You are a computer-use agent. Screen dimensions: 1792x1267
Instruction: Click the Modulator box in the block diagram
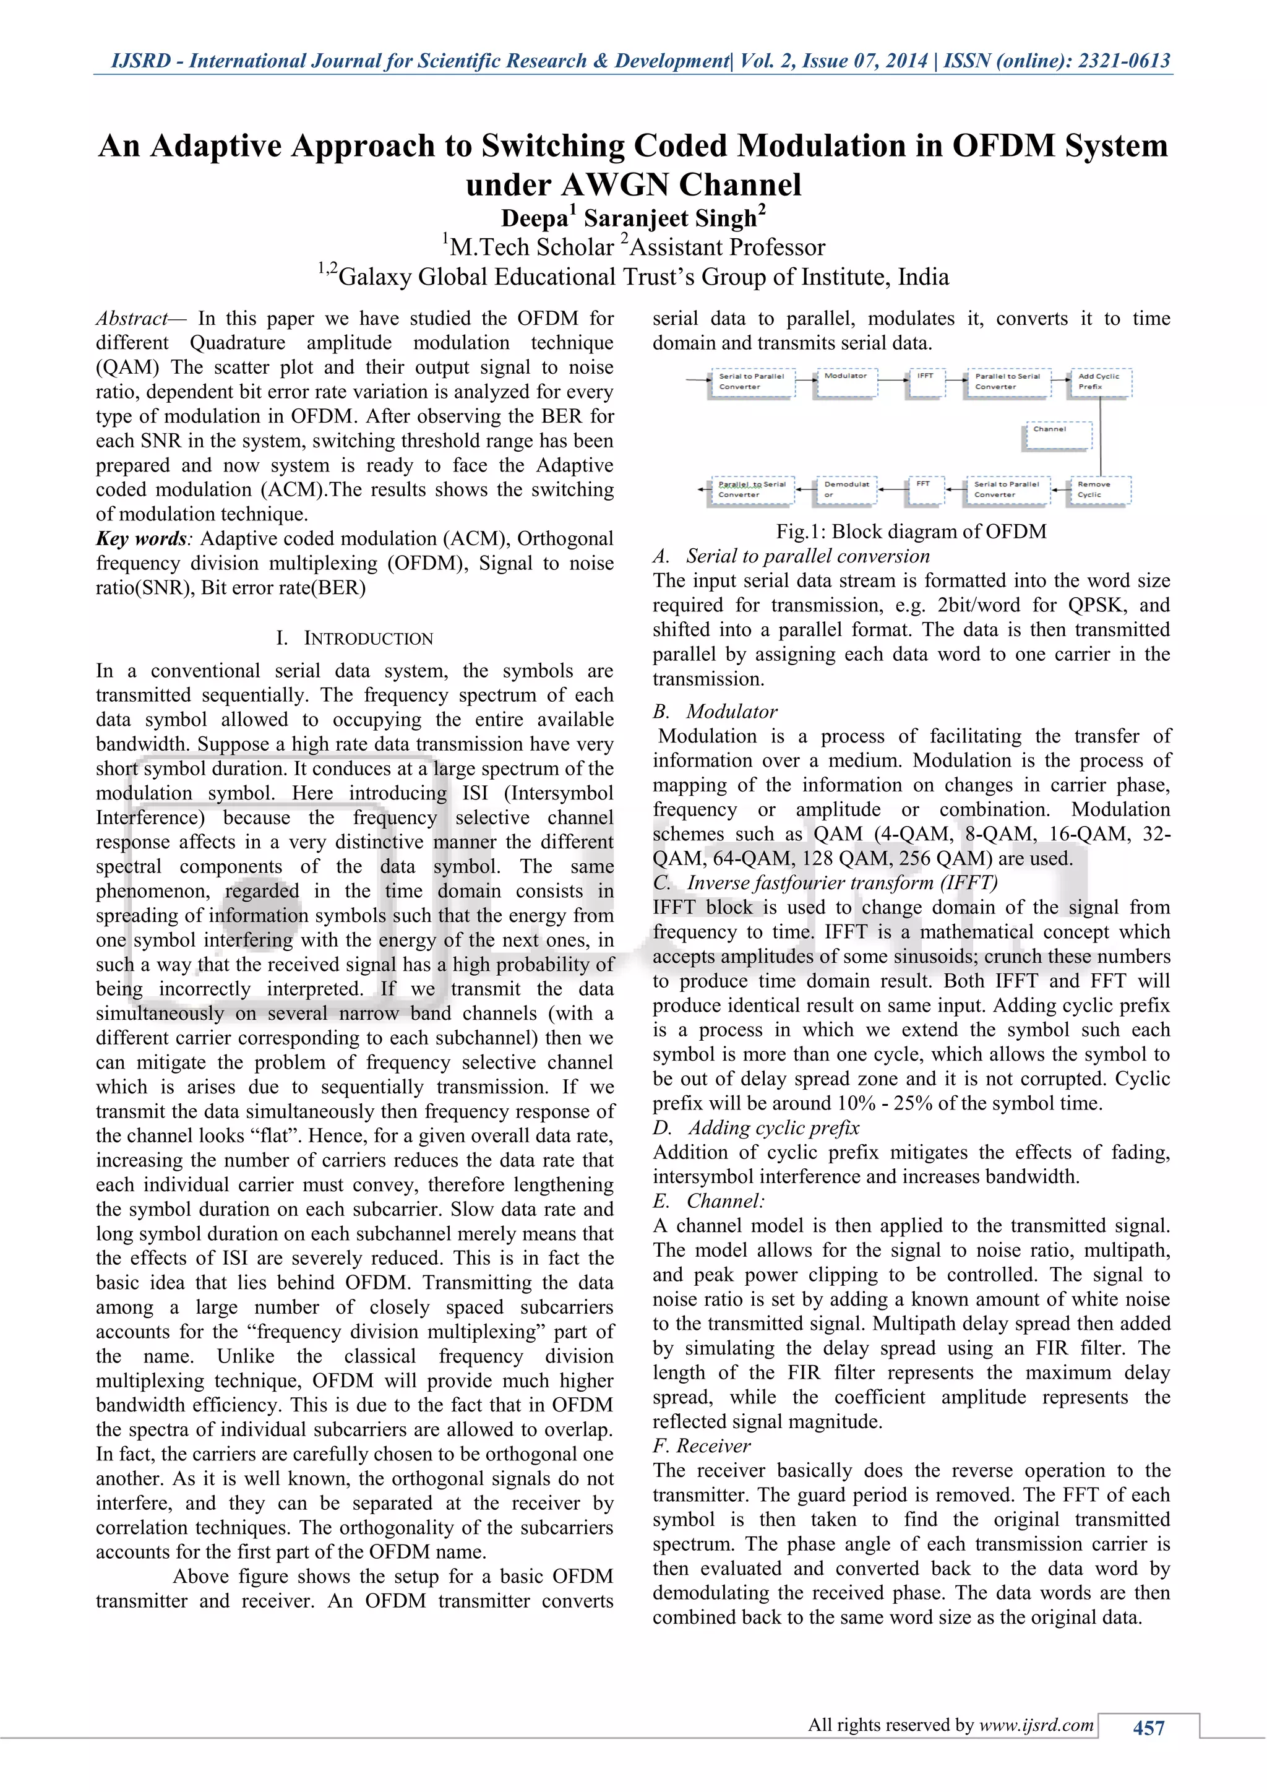coord(845,382)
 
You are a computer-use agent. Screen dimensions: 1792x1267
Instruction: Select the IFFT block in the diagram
coord(926,382)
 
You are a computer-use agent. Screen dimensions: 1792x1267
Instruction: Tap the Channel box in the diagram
coord(1057,436)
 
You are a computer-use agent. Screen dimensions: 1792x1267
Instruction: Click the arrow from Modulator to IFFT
coord(894,382)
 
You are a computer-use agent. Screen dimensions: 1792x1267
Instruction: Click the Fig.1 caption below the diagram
coord(911,532)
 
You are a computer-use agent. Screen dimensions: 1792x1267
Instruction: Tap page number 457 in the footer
coord(1148,1728)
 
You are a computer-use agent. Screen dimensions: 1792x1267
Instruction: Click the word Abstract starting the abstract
coord(131,319)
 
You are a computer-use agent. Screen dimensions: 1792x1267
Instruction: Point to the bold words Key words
coord(141,538)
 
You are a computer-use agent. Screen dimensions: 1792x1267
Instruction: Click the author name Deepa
coord(535,218)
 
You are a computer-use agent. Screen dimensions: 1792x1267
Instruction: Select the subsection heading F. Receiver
coord(702,1446)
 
